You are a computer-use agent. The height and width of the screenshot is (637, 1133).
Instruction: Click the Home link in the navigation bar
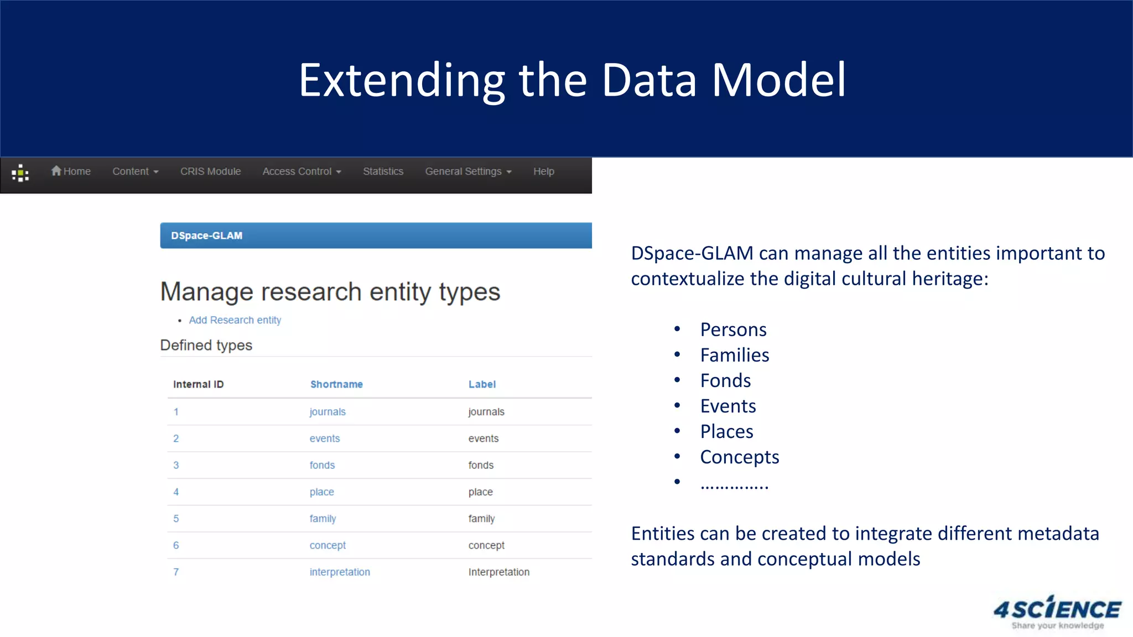tap(71, 171)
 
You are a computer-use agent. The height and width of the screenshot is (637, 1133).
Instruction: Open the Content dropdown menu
tap(135, 171)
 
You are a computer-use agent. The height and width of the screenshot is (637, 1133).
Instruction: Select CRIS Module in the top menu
tap(210, 171)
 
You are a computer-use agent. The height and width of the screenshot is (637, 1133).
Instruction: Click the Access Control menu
tap(302, 171)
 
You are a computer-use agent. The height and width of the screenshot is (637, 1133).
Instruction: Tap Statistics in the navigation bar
tap(383, 171)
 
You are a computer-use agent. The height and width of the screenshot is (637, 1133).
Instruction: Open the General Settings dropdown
tap(468, 171)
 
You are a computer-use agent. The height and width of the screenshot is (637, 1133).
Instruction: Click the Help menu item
tap(543, 171)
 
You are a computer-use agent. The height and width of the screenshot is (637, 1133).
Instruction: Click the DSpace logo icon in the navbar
tap(20, 173)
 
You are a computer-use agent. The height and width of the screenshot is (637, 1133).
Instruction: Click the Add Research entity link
tap(235, 320)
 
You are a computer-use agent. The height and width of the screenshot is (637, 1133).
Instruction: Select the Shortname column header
tap(336, 384)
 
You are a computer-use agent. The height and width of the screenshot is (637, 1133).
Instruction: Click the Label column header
tap(482, 384)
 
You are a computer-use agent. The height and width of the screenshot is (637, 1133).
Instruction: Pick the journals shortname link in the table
tap(328, 412)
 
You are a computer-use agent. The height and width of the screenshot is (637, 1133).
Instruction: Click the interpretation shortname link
tap(340, 572)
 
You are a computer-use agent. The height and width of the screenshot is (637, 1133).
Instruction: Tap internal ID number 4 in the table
tap(176, 492)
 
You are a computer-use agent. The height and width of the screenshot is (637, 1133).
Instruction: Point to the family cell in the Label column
tap(481, 519)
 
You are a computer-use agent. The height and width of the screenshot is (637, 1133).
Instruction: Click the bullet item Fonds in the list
tap(725, 381)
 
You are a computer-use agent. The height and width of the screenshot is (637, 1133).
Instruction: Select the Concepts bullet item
tap(739, 457)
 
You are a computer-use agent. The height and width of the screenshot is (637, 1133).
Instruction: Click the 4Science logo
tap(1057, 612)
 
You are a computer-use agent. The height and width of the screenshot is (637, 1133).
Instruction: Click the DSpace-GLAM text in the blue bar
tap(206, 236)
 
